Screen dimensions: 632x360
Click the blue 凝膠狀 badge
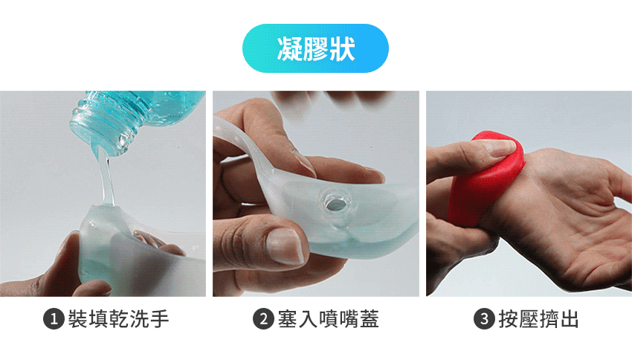(315, 48)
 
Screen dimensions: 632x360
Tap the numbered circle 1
(54, 319)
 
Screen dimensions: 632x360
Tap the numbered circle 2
(264, 319)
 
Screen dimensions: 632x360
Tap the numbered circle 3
(484, 319)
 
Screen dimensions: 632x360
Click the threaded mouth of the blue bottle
(101, 125)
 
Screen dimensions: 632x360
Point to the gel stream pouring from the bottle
(106, 177)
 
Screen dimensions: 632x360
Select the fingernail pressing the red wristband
(500, 147)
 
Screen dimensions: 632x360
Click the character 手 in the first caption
(159, 319)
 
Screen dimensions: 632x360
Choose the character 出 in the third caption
(569, 319)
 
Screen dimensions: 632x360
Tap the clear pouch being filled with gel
(121, 250)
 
